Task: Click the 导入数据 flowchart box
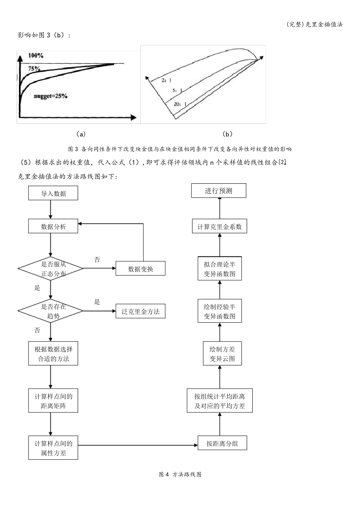(53, 193)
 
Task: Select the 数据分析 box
(53, 226)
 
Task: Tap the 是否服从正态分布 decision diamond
(50, 269)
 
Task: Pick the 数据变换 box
(141, 269)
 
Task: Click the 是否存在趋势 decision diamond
(50, 311)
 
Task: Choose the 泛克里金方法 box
(141, 312)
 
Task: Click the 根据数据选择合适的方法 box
(53, 354)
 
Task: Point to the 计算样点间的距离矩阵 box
(53, 401)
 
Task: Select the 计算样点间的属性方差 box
(53, 448)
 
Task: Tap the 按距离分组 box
(222, 443)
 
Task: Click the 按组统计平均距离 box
(220, 401)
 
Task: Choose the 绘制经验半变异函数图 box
(220, 311)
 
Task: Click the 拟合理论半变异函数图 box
(220, 269)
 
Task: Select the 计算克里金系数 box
(220, 226)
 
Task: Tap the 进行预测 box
(219, 191)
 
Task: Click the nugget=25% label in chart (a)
(50, 96)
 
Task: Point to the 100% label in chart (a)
(36, 56)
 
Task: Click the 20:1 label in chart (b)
(180, 104)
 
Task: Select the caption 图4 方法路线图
(180, 474)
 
